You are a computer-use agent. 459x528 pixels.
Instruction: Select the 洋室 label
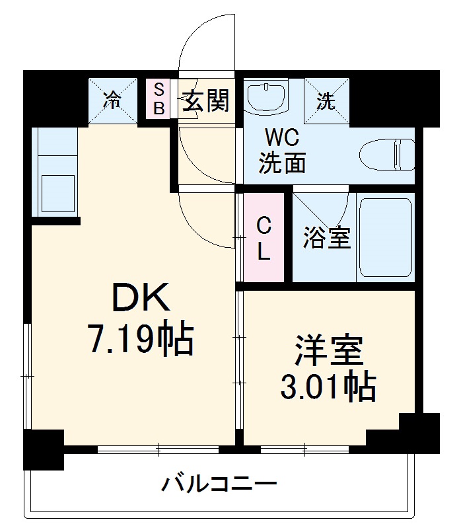[329, 351]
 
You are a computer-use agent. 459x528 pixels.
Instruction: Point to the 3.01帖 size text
[328, 387]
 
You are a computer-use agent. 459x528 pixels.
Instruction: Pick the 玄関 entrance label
[205, 100]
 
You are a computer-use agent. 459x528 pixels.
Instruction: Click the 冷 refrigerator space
[112, 100]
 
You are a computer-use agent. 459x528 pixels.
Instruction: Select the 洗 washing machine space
[326, 100]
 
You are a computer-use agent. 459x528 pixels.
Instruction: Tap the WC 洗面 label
[282, 151]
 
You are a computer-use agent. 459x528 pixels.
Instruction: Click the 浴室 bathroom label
[327, 239]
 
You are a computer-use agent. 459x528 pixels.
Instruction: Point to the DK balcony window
[158, 449]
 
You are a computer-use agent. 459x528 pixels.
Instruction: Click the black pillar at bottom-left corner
[44, 449]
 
